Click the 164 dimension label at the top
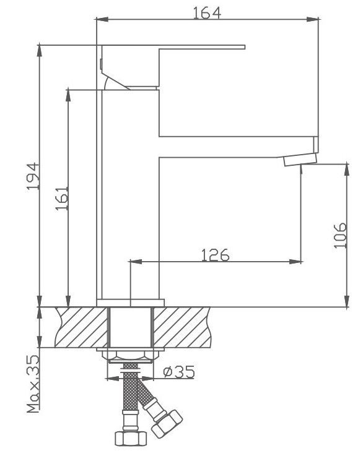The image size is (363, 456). (207, 13)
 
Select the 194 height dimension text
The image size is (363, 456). (33, 176)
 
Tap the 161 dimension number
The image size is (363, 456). (62, 199)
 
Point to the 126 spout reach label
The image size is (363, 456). (216, 255)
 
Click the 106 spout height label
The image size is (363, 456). (340, 235)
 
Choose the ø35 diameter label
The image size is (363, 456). (179, 372)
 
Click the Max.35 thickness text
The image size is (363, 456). (33, 384)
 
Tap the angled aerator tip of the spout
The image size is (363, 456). (300, 160)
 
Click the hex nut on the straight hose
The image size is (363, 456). (130, 438)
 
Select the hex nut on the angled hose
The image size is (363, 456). (167, 424)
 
